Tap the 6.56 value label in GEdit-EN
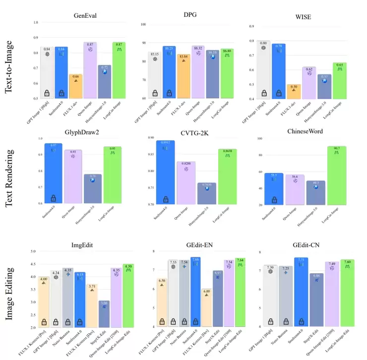(x=162, y=280)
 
